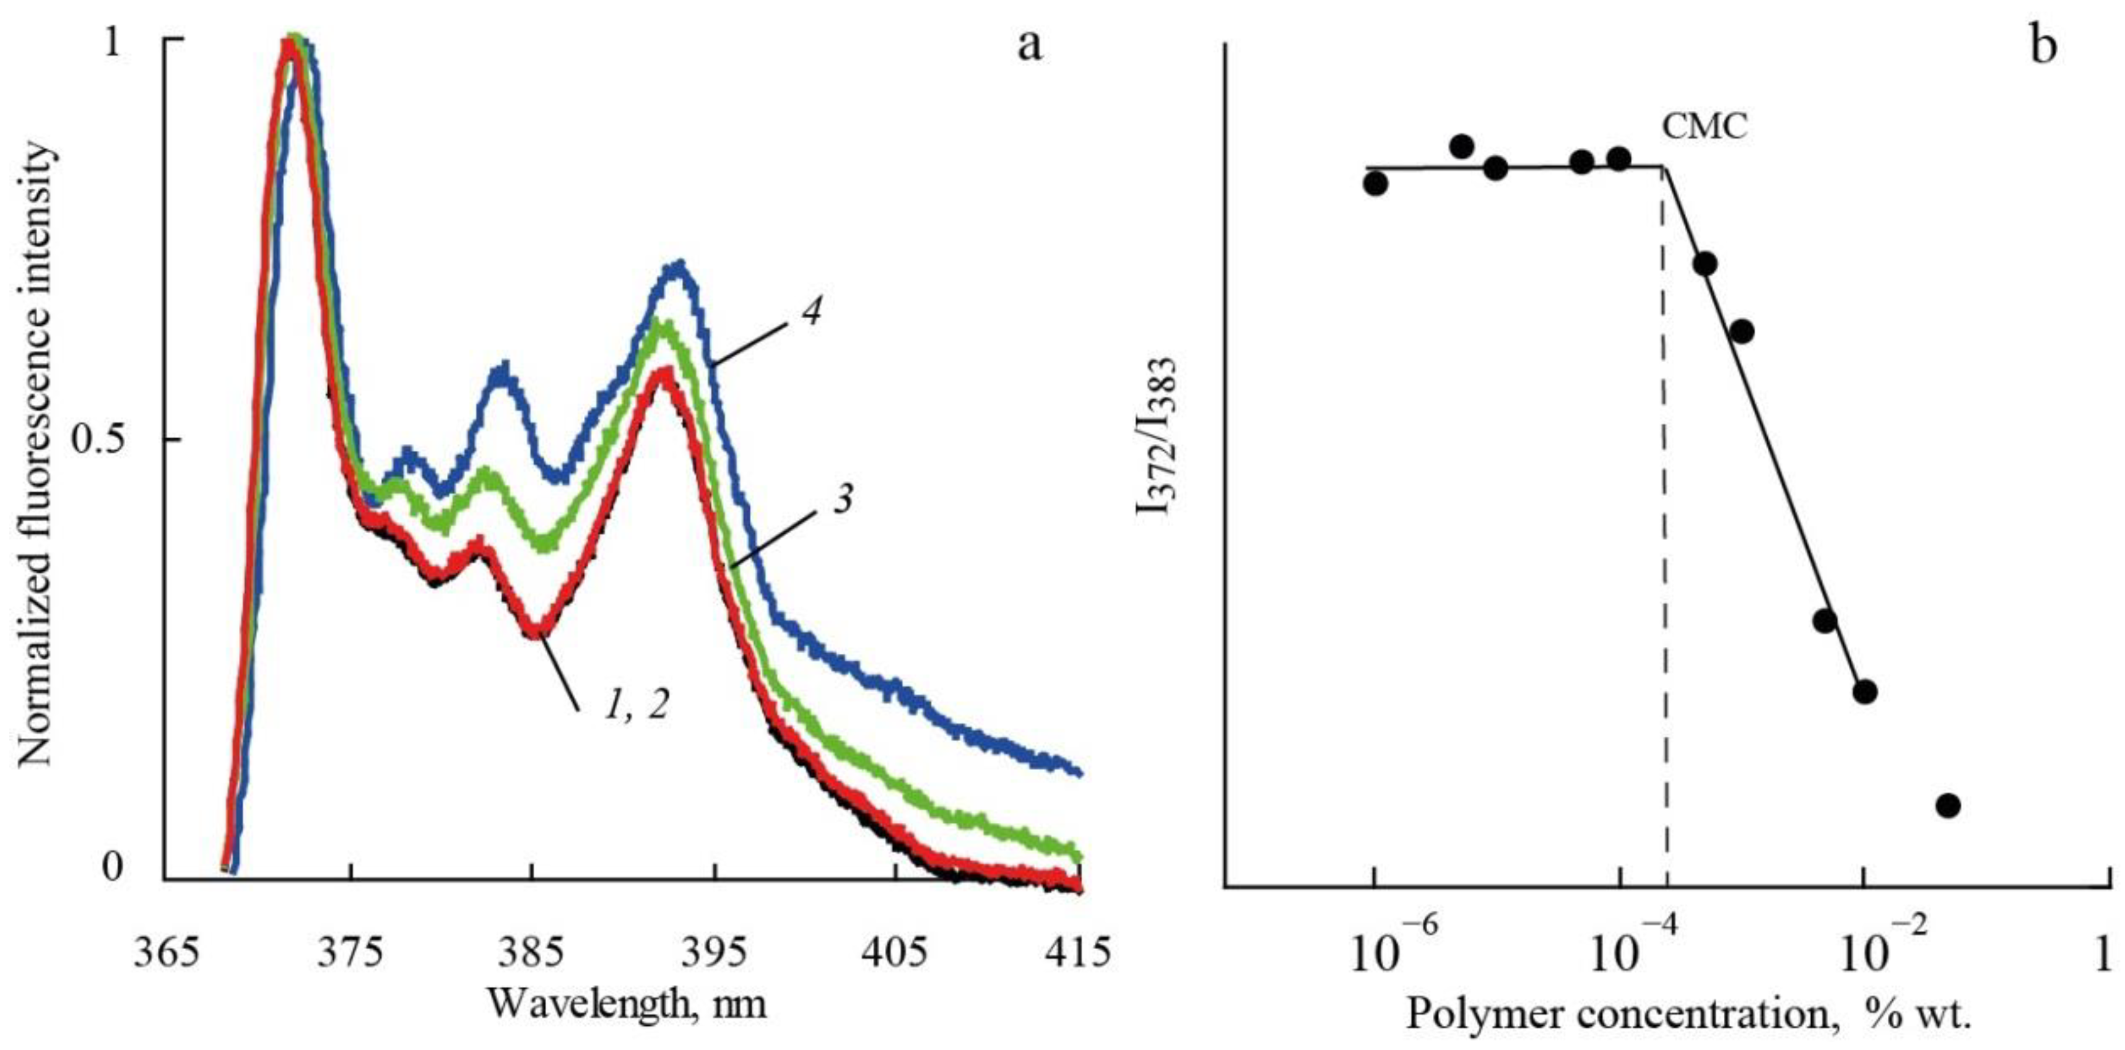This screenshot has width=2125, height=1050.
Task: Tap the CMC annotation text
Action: tap(1705, 128)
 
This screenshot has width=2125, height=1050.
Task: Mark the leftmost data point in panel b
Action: tap(1375, 183)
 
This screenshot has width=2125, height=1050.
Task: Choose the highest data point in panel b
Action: tap(1462, 147)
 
